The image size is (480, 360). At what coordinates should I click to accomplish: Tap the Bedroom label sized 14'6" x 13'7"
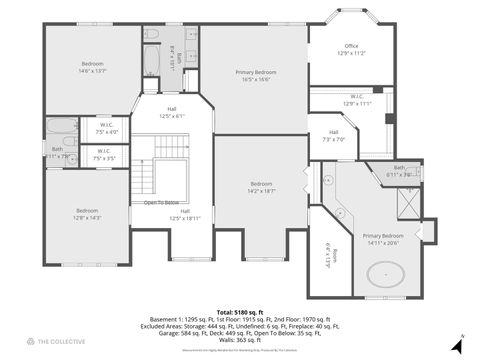[93, 67]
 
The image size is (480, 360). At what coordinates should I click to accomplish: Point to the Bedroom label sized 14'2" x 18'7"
[261, 186]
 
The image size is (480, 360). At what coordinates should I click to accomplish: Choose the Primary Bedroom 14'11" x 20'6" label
[381, 237]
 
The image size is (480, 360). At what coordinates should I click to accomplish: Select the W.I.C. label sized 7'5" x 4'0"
[105, 128]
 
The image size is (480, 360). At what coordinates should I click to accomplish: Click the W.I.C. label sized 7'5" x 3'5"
[104, 155]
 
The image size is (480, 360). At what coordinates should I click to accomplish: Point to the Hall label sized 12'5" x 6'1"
[172, 112]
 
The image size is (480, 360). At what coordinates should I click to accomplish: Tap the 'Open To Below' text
[161, 201]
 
